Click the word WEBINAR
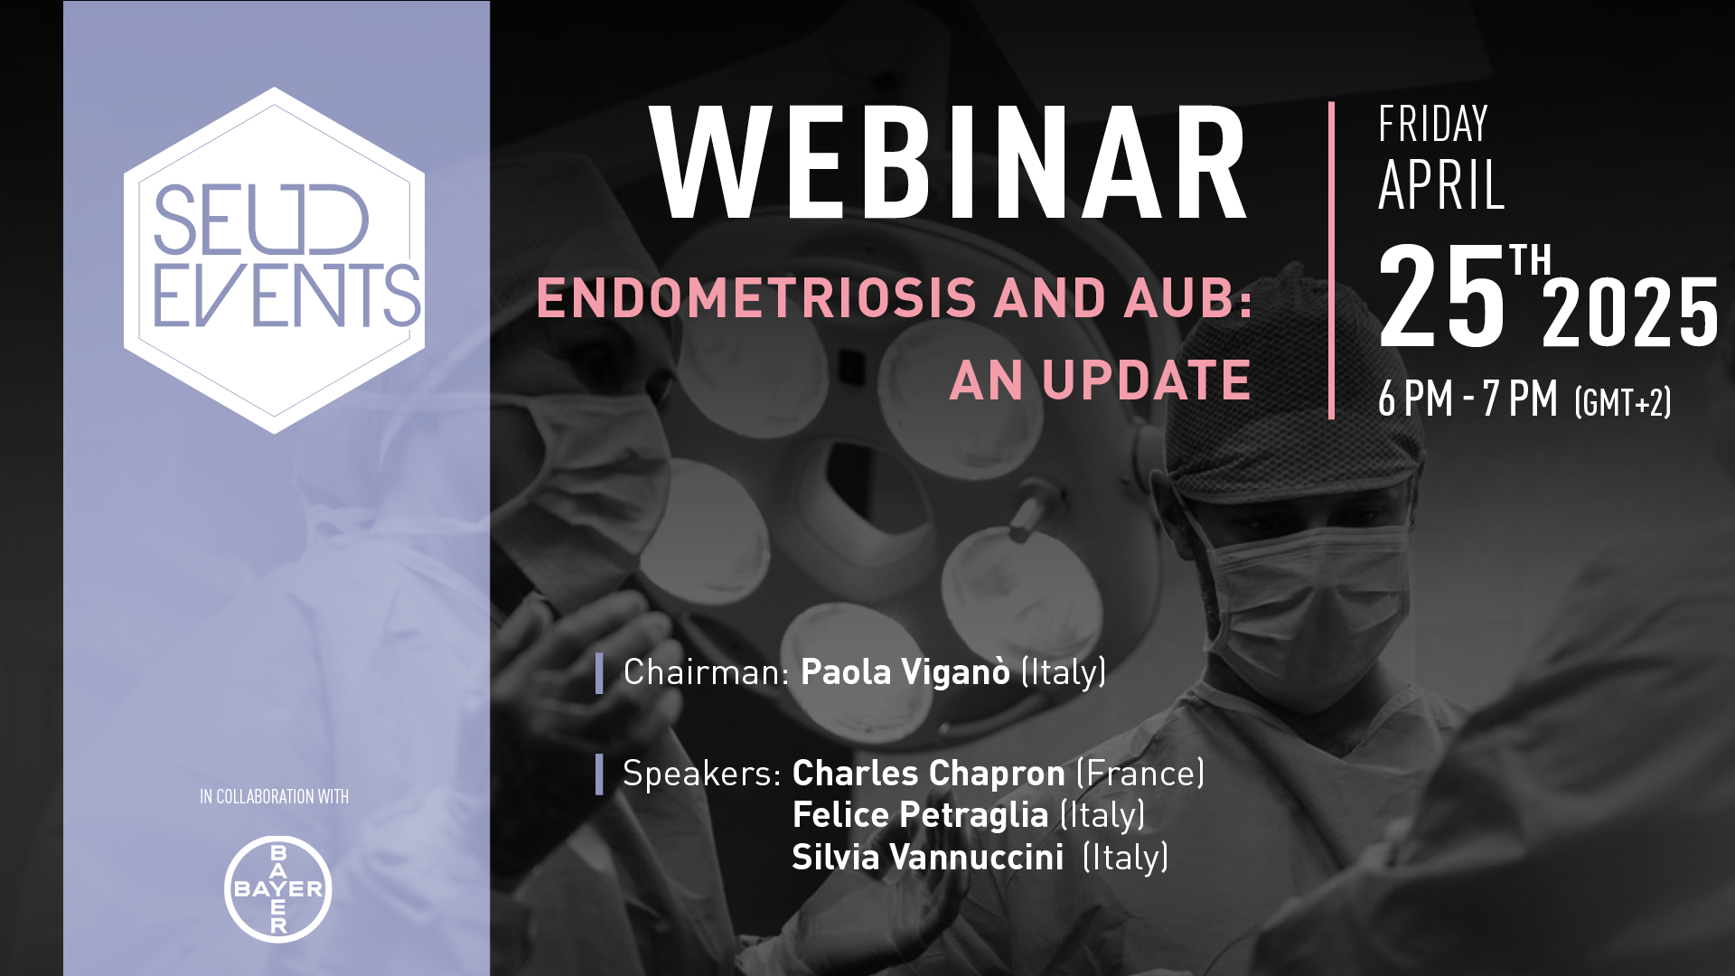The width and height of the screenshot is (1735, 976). coord(949,163)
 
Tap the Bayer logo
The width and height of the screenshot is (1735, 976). coord(278,889)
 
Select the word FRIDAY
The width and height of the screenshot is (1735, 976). coord(1433,125)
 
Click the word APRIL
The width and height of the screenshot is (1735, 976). coord(1441,185)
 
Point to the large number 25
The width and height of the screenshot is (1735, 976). coord(1442,296)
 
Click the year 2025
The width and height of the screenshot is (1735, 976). coord(1630,313)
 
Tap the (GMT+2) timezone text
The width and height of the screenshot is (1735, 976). coord(1623,402)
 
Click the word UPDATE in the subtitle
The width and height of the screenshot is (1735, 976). coord(1146,380)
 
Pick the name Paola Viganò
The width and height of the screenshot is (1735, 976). coord(905,672)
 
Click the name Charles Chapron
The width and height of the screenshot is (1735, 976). coord(929,774)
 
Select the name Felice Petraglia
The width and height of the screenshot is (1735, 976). coord(920,815)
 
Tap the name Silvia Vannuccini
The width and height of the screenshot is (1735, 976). coord(928,857)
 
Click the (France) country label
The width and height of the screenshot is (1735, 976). coord(1140,774)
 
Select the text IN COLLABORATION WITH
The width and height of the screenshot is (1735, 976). coord(274,797)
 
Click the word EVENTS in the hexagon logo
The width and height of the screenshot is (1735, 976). coord(287,296)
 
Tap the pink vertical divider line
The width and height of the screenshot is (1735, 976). coord(1332,260)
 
